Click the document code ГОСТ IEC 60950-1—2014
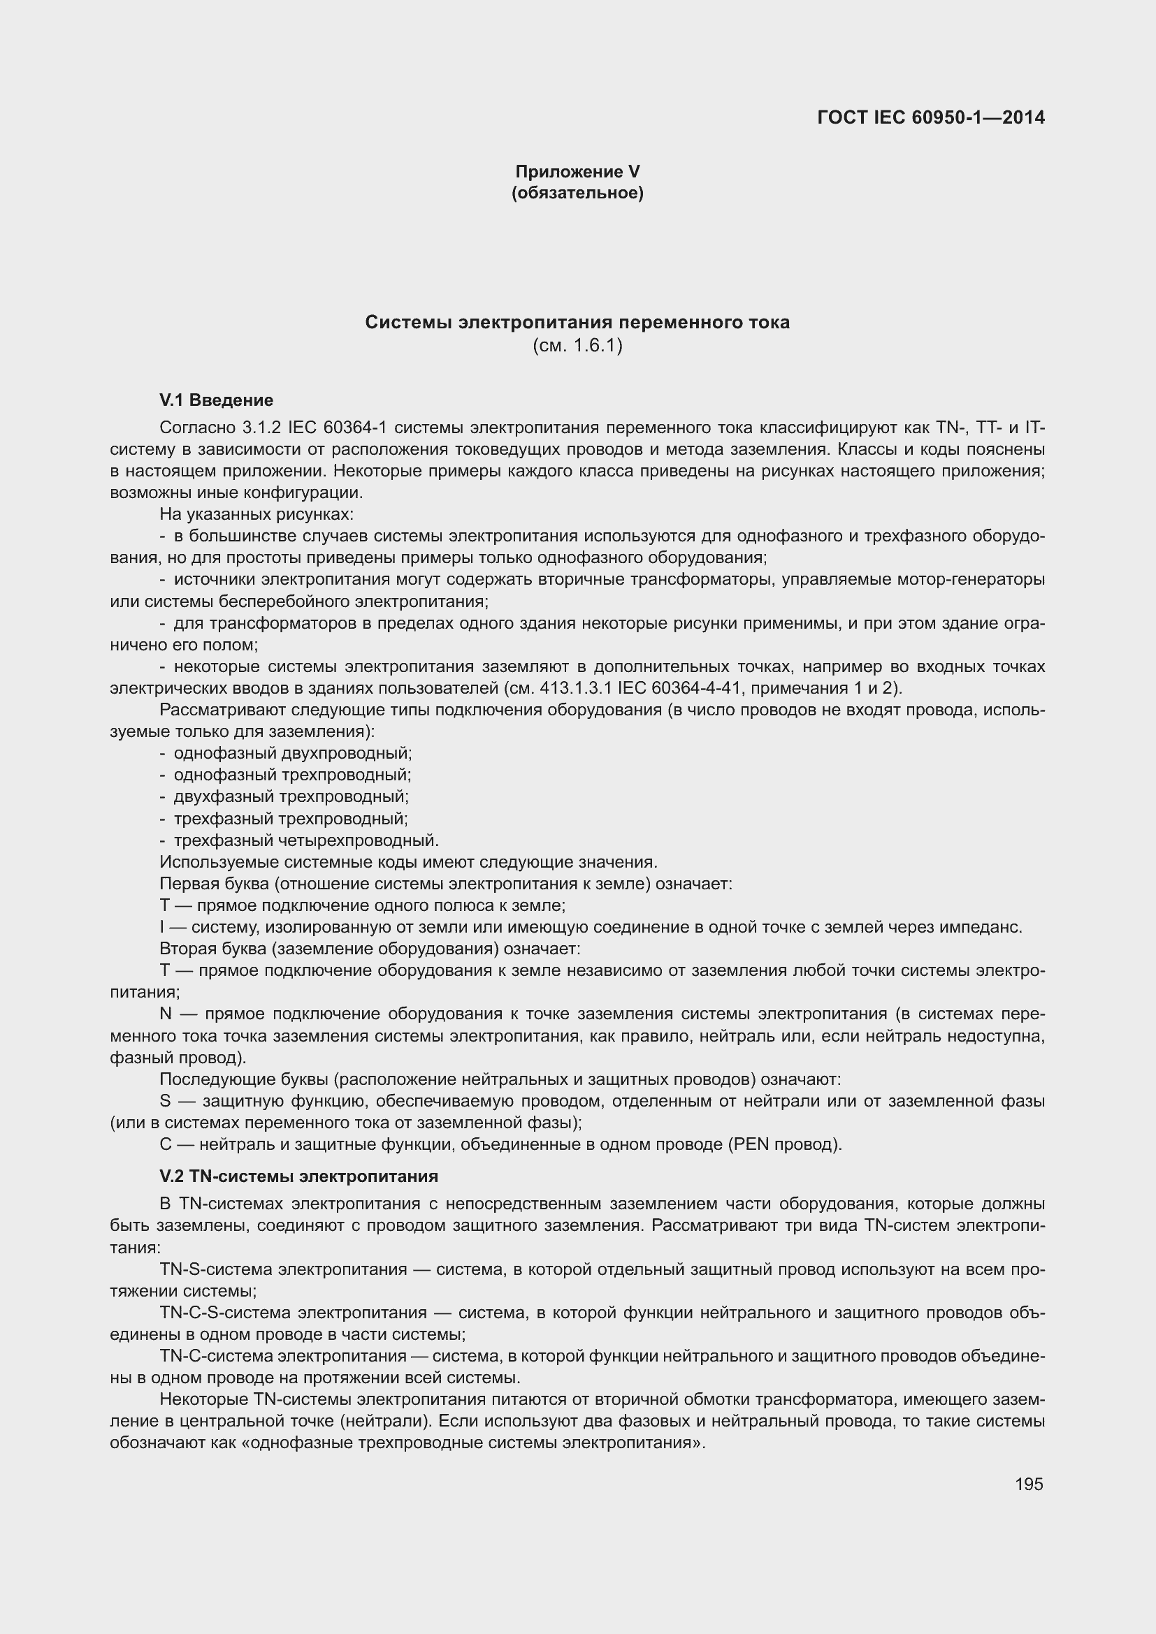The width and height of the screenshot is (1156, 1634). (930, 118)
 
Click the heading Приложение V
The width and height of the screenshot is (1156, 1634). (577, 172)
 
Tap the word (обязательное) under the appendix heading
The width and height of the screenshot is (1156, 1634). (577, 193)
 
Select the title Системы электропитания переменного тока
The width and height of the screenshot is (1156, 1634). (577, 322)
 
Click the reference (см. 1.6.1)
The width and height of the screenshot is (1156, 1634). (577, 346)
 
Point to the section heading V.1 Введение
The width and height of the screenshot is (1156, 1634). (217, 400)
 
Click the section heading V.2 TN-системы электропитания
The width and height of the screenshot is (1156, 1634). (299, 1176)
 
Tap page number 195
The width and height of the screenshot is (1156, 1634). (1029, 1484)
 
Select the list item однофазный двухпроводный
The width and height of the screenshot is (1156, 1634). (293, 753)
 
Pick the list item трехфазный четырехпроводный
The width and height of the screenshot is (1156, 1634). (306, 840)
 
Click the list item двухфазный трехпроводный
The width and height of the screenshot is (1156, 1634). (291, 796)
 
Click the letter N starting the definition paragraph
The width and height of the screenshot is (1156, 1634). (166, 1014)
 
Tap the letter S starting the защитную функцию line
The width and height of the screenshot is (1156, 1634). (165, 1102)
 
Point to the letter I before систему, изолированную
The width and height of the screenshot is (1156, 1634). (162, 927)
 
